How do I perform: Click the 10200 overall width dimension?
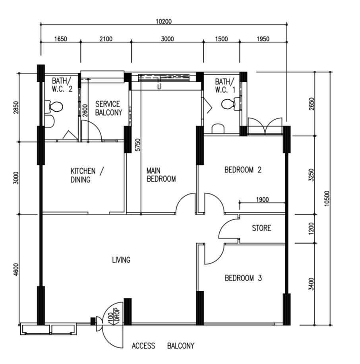(x=164, y=21)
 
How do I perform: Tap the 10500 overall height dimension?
(x=327, y=198)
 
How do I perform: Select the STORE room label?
(x=261, y=228)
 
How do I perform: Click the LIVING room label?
(x=121, y=260)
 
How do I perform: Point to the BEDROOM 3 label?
(x=243, y=278)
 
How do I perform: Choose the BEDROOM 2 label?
(x=243, y=170)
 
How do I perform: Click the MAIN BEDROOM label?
(x=161, y=175)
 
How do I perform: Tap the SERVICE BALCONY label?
(x=108, y=108)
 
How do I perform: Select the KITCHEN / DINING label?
(x=87, y=175)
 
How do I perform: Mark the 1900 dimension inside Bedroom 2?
(x=263, y=199)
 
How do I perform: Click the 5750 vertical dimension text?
(x=138, y=145)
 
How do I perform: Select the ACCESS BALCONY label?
(x=163, y=346)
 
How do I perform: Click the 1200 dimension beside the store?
(x=311, y=228)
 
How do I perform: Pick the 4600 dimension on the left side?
(x=15, y=269)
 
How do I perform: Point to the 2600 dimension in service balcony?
(x=85, y=110)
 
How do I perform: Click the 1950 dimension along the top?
(x=263, y=39)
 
